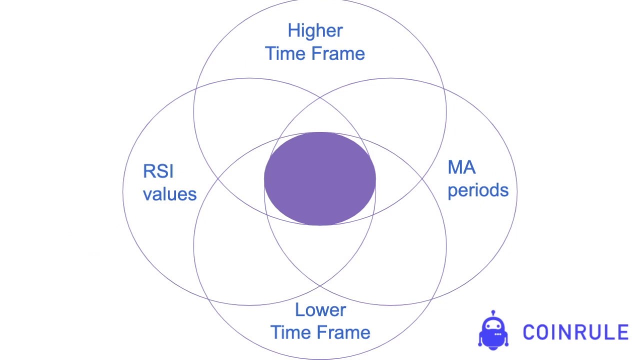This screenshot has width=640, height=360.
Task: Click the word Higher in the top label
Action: click(x=315, y=31)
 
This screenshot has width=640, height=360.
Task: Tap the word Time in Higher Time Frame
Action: click(x=284, y=54)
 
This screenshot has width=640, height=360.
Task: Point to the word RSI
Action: click(x=158, y=171)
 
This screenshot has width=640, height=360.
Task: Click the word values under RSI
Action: click(x=170, y=194)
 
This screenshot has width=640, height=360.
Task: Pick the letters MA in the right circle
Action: click(x=461, y=167)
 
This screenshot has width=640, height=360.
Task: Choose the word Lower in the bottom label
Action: click(x=320, y=310)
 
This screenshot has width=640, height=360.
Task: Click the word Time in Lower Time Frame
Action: click(x=289, y=332)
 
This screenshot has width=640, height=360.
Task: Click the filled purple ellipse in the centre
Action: click(x=320, y=178)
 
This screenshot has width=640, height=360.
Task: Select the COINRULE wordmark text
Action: click(x=575, y=332)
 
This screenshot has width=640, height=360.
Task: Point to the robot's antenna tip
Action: click(x=493, y=312)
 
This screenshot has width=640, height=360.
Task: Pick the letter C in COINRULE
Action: click(x=529, y=332)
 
